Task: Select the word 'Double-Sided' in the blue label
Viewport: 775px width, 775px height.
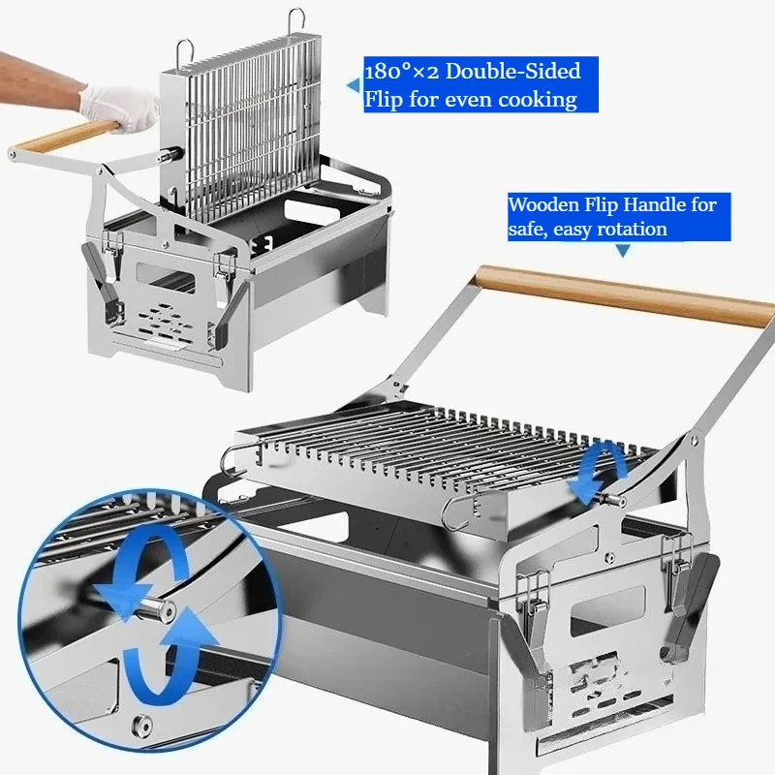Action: click(x=513, y=71)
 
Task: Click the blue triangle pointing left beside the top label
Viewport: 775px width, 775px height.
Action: click(x=354, y=85)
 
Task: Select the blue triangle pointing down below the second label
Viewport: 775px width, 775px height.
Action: click(x=623, y=250)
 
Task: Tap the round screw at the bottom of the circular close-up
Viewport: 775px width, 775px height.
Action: click(x=142, y=725)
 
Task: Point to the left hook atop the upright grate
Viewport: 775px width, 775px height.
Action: click(x=184, y=50)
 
